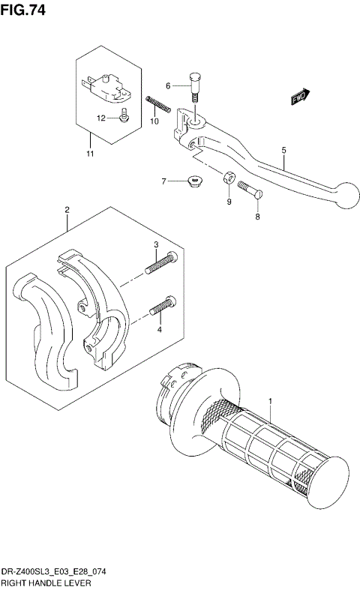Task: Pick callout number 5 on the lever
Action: coord(283,151)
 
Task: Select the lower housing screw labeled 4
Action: coord(163,306)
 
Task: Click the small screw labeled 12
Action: coord(124,115)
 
